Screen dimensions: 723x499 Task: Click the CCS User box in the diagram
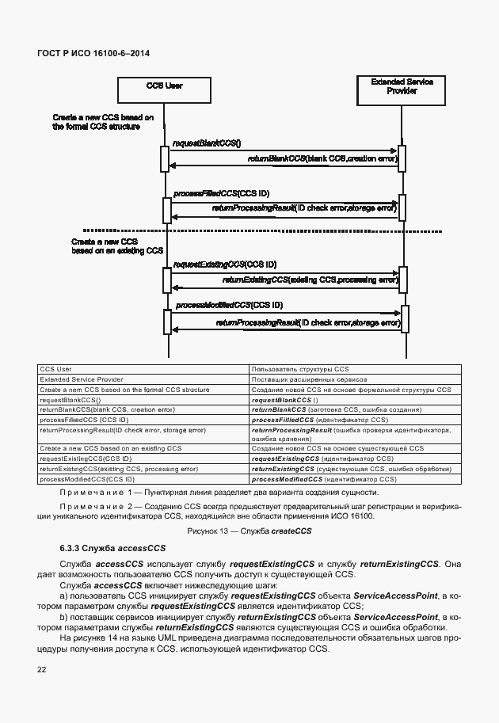(165, 89)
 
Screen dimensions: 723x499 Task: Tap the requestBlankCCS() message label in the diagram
(207, 143)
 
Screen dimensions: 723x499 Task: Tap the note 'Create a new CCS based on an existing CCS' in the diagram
(116, 245)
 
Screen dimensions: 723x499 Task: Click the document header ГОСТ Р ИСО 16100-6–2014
(93, 53)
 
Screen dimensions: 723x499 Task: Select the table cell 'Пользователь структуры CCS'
(299, 370)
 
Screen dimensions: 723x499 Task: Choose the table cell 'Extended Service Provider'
(82, 380)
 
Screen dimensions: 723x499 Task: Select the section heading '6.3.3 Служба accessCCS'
(112, 548)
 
